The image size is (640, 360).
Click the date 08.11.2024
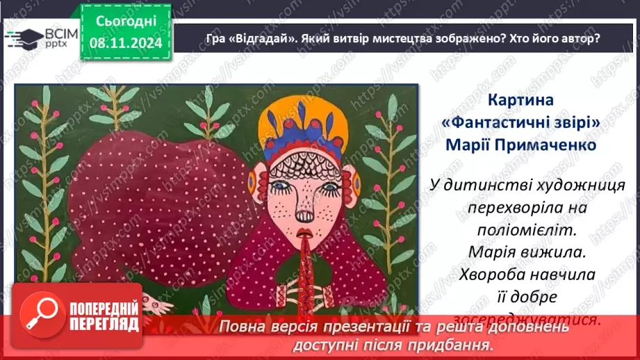coord(126,44)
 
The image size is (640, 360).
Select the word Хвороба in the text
coord(491,274)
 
